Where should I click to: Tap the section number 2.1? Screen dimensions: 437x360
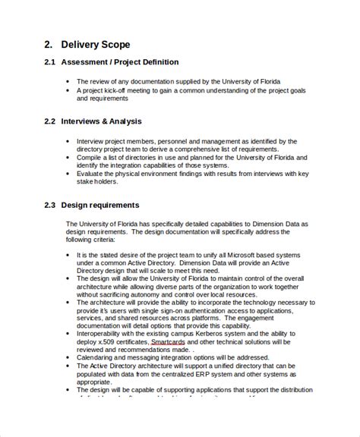(44, 61)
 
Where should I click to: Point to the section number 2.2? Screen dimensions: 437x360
(44, 121)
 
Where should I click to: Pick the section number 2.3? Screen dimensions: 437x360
(44, 205)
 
